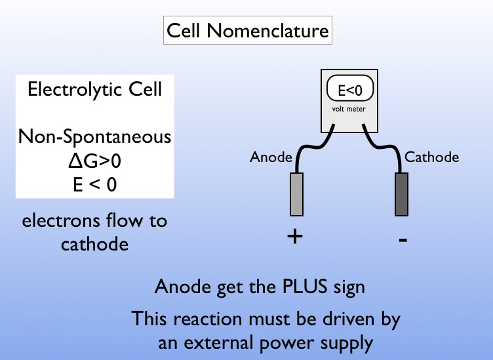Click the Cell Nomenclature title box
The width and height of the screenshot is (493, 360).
[x=246, y=30]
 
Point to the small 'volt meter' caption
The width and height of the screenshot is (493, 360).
[x=351, y=109]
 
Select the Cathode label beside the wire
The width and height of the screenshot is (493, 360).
[x=432, y=157]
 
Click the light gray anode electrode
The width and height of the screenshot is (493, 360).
[x=295, y=193]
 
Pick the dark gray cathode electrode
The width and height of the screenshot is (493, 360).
[x=401, y=193]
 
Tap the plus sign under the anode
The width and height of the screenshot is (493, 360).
[x=295, y=237]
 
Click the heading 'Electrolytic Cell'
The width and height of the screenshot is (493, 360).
[x=94, y=89]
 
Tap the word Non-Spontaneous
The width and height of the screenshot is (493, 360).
[x=94, y=137]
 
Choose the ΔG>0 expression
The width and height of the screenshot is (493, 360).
[x=94, y=161]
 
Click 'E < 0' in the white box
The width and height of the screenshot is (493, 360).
[x=94, y=184]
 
